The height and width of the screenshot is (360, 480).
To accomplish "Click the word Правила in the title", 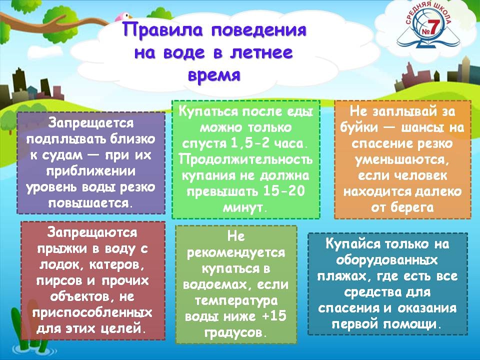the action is (162, 30).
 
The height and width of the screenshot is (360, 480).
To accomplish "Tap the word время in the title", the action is (214, 75).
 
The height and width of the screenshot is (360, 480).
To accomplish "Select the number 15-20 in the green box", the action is (284, 191).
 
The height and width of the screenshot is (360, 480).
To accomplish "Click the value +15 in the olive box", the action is (274, 315).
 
